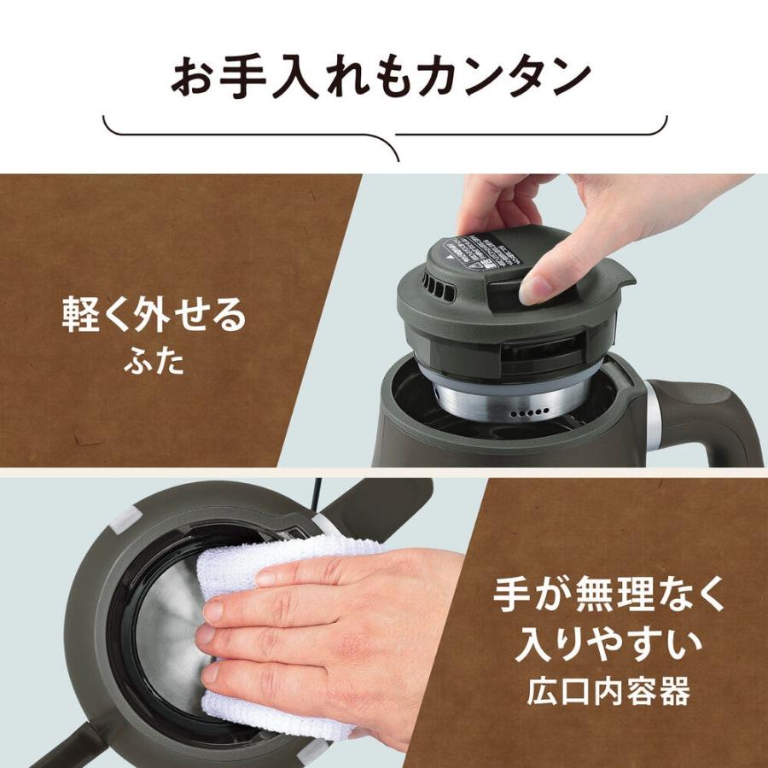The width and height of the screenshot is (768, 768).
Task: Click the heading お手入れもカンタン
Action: pos(381,78)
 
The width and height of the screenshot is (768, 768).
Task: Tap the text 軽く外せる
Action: pos(154,316)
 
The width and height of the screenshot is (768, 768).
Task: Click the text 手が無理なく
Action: pos(609,596)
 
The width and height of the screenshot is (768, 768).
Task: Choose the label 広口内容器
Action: pos(609,691)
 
